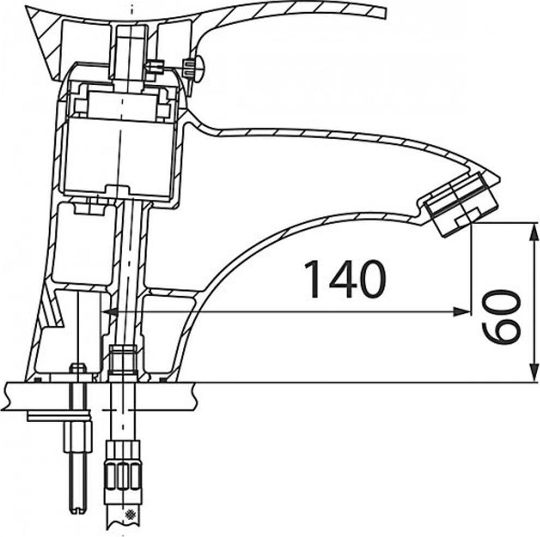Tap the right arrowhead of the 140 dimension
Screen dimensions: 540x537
tap(461, 311)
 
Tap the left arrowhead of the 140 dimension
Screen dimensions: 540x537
tap(110, 311)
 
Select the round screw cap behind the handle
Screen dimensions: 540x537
tap(194, 70)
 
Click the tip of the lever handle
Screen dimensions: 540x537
tap(384, 14)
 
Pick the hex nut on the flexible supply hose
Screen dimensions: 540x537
tap(123, 464)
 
